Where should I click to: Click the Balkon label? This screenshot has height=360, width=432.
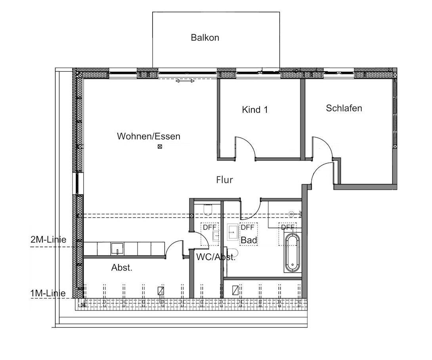205,38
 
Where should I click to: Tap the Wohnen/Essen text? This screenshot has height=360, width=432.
148,137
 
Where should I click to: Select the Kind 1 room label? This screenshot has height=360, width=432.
255,110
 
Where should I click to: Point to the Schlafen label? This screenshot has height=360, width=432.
344,108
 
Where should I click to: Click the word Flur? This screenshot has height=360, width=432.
224,180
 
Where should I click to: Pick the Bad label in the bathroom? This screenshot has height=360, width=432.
249,240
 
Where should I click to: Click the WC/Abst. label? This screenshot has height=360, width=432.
216,257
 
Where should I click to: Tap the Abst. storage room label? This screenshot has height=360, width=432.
122,268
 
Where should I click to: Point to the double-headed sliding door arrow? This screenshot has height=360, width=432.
185,81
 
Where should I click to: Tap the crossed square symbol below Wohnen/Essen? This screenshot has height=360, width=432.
160,147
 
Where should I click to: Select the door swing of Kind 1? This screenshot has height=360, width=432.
246,147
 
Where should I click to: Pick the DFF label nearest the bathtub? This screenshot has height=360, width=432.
288,227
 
